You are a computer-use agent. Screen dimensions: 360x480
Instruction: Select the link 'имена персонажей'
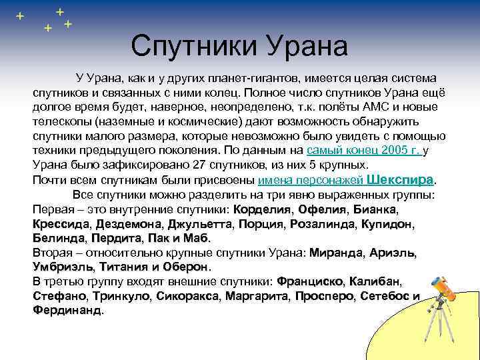309,180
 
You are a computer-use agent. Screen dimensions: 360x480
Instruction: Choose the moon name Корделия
261,209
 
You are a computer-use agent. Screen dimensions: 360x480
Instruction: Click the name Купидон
387,224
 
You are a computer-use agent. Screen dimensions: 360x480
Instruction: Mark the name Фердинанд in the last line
67,311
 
